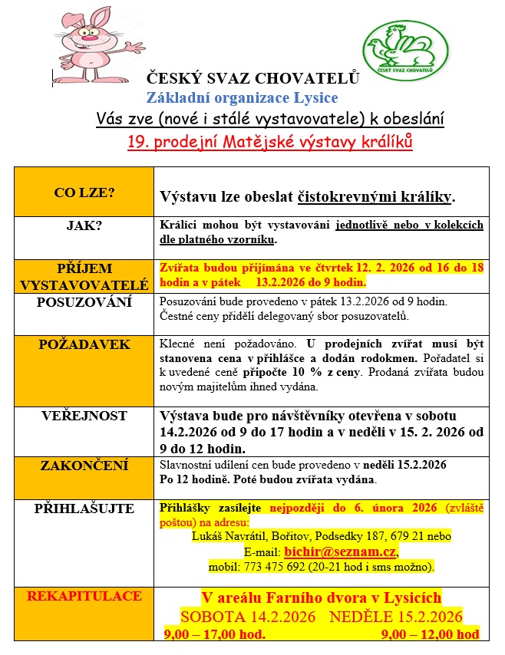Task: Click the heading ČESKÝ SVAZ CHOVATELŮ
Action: (x=252, y=77)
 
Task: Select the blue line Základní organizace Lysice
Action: (x=243, y=98)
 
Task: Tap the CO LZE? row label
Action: (x=84, y=193)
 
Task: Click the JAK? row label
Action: (x=84, y=226)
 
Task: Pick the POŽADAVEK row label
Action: (x=84, y=344)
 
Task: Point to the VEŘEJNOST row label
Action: (x=84, y=416)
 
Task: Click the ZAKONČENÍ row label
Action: (x=84, y=466)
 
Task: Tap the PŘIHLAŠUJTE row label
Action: (x=84, y=509)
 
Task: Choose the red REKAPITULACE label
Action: (x=84, y=596)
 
